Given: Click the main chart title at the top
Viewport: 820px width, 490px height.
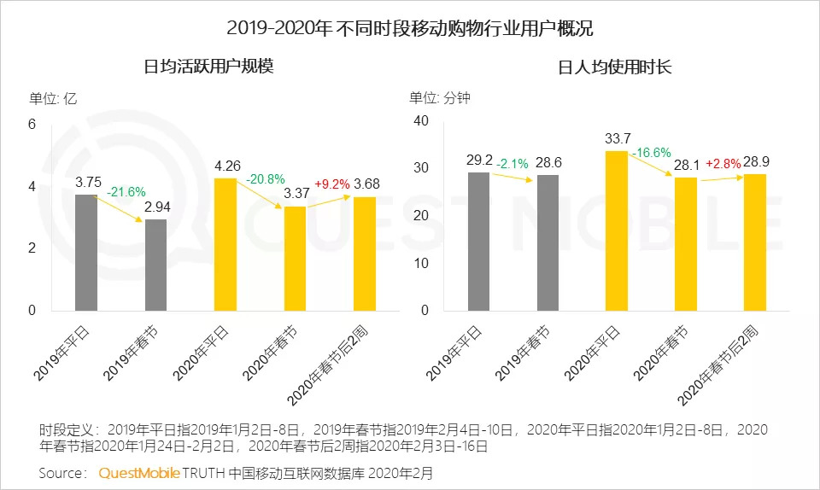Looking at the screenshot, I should pos(410,27).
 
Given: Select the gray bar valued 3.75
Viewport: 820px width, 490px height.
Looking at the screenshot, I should pos(86,252).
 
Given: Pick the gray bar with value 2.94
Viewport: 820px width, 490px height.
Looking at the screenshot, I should pos(155,265).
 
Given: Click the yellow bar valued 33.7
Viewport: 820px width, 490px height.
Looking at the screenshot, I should pos(616,230).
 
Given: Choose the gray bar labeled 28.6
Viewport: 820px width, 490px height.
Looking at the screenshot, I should pos(548,242).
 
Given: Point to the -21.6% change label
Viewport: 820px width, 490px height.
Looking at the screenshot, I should pos(126,193).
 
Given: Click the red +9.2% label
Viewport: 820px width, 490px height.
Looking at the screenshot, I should pos(331,184).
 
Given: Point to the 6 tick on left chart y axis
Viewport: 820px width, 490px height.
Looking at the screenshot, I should pos(32,124).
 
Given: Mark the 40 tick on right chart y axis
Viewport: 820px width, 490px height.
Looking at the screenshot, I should pos(419,121).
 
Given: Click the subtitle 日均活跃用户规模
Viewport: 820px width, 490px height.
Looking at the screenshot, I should pos(208,67).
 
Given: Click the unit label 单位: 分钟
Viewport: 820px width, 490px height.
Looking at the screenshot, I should pos(440,98).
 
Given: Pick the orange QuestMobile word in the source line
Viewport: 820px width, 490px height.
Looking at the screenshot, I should pos(138,472).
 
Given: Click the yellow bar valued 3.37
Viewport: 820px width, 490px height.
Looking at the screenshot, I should pos(295,258).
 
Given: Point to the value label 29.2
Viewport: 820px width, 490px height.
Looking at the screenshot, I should pos(480,160).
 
